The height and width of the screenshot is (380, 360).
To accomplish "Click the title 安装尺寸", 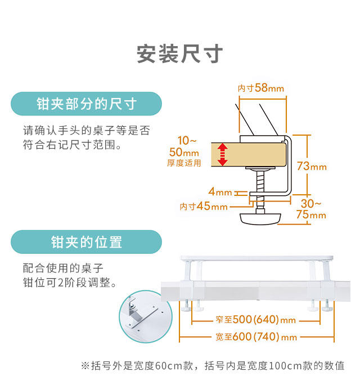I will [x=180, y=53].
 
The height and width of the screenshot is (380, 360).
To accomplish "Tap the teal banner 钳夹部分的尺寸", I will [x=86, y=104].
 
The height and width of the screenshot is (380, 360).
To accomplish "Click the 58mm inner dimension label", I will [x=260, y=88].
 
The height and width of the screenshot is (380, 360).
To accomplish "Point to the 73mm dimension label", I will [x=311, y=166].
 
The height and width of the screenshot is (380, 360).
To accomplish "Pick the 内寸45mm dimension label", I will [x=204, y=206].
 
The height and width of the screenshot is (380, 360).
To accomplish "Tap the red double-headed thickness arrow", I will [x=223, y=154].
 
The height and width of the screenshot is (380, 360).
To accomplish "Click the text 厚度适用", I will [x=183, y=163].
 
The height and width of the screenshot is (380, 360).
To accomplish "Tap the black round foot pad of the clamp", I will [x=261, y=218].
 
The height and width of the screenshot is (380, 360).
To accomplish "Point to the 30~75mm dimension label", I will [x=311, y=209].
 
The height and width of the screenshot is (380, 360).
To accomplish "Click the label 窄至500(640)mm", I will [x=256, y=320].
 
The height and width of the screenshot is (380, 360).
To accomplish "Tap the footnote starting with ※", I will [x=213, y=365].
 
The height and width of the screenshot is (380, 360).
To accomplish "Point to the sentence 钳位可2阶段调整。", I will [x=70, y=282].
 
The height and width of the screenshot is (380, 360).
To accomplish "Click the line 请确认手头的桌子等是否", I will [x=86, y=130].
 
